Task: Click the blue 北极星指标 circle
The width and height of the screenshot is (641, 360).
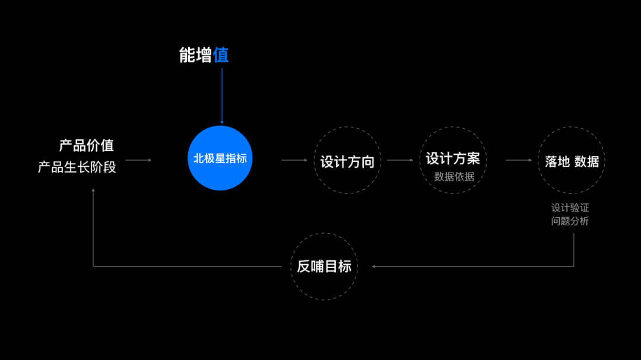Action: [220, 158]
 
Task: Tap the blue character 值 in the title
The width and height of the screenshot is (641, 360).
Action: [221, 55]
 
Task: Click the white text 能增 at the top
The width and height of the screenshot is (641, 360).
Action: [196, 55]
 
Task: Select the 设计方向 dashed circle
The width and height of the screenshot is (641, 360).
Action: [347, 161]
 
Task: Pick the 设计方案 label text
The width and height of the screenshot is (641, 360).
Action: [453, 158]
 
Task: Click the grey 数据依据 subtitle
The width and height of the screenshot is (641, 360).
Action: [454, 177]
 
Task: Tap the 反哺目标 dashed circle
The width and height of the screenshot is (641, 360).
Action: [324, 266]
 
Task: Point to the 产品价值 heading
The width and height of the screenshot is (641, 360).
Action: [86, 145]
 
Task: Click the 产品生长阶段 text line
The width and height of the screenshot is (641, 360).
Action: [77, 167]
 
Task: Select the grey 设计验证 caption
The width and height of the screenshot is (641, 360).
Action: [570, 208]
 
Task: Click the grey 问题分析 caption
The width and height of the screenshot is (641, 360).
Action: [570, 221]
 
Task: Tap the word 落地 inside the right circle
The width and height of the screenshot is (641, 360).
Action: [557, 161]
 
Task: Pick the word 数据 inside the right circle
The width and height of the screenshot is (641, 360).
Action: [586, 161]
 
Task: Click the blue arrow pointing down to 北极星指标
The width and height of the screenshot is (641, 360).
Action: [222, 95]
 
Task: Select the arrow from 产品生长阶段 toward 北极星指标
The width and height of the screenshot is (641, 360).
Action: [138, 160]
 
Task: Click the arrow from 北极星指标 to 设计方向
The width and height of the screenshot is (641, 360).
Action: [294, 160]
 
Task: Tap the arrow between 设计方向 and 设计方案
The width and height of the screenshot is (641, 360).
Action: [399, 160]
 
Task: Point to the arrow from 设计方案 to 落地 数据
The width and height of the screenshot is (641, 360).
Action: [519, 160]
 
